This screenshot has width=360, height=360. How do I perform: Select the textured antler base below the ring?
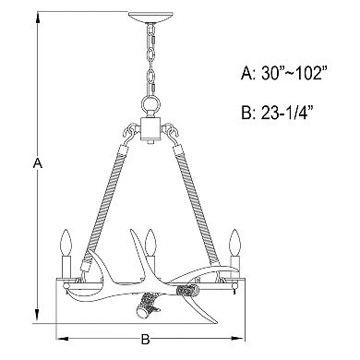tap(149, 306)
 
